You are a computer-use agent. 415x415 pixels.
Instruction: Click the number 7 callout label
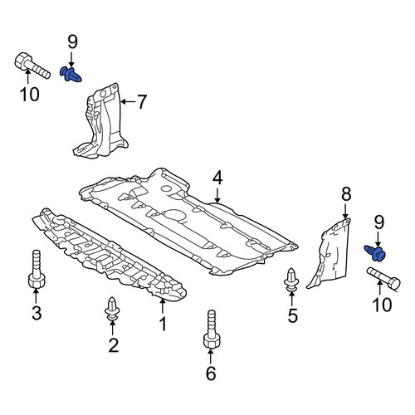tap(142, 102)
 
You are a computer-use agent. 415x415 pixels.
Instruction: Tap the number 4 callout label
tap(217, 178)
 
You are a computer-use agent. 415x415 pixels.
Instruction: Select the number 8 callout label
tap(346, 194)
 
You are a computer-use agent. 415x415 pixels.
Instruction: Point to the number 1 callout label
tap(164, 324)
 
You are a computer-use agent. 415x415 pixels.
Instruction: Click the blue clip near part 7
tap(71, 74)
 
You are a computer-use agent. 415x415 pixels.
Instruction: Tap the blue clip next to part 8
tap(375, 252)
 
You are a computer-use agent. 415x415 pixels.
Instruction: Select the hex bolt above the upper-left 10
tap(32, 66)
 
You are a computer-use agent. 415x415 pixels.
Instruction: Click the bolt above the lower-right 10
tap(383, 279)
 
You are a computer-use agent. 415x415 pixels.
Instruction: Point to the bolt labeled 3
tap(37, 269)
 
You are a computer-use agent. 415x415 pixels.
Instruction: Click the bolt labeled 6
tap(212, 330)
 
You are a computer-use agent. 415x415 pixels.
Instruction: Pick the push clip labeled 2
tap(112, 309)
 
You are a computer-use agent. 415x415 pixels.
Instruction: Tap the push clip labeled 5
tap(291, 280)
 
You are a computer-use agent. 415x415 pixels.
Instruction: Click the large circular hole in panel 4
tap(175, 215)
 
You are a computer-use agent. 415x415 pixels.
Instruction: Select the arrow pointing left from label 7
tap(128, 102)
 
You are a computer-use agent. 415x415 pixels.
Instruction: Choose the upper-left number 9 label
tap(72, 42)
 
